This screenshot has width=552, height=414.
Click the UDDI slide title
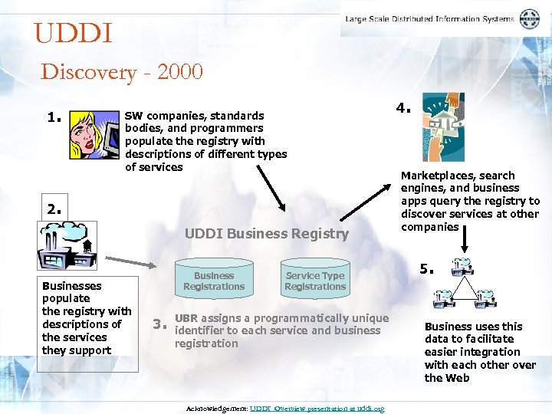tap(74, 34)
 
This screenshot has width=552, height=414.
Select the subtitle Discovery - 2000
tap(122, 72)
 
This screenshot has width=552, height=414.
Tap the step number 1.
tap(54, 118)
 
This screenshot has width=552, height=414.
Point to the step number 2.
tap(54, 208)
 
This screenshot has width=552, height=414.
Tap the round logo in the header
tap(529, 19)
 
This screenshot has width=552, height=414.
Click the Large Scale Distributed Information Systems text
tap(429, 19)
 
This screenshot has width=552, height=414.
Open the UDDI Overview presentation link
tap(317, 409)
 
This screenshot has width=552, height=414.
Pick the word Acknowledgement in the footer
tap(217, 409)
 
